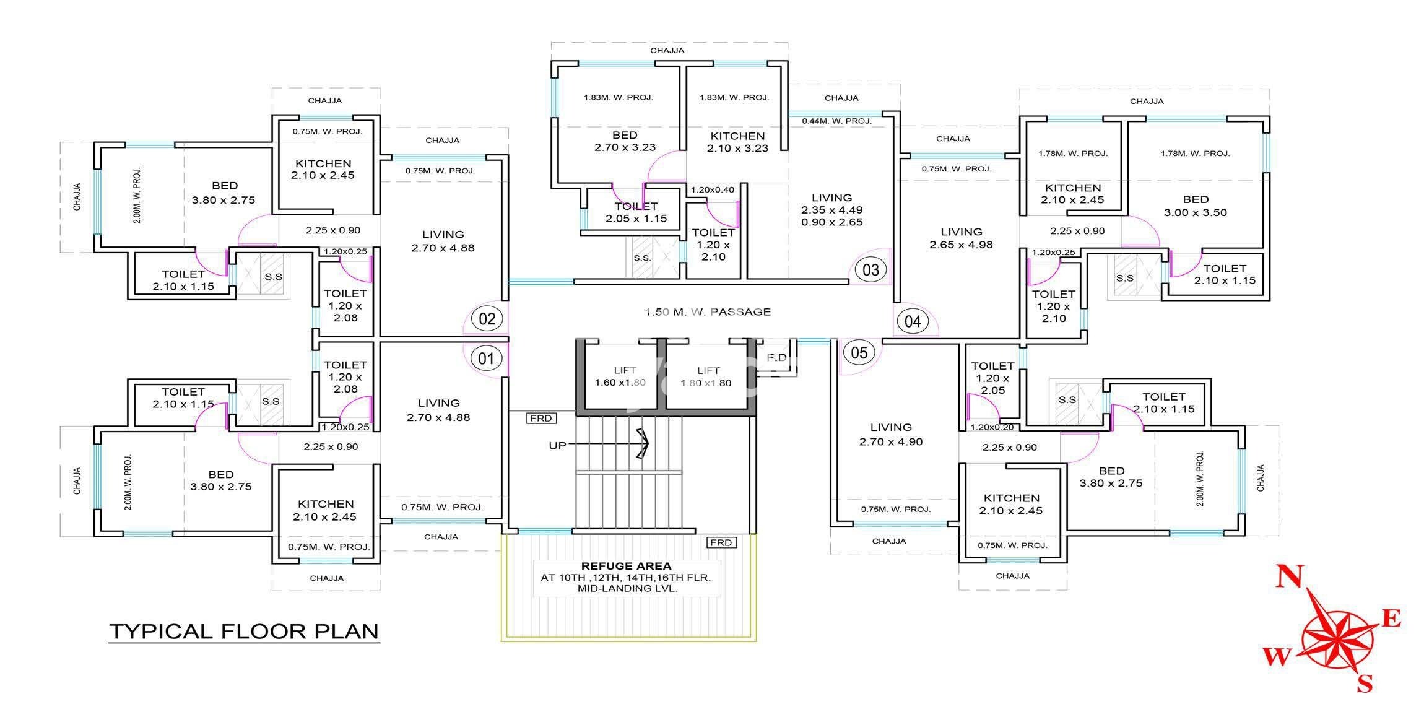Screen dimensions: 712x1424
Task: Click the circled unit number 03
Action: (870, 270)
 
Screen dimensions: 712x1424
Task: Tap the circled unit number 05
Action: (859, 353)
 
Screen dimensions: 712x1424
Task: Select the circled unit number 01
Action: (487, 358)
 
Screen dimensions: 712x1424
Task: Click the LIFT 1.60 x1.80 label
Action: (621, 376)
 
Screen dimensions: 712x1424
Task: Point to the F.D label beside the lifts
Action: (776, 358)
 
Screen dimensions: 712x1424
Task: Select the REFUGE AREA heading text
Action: (626, 566)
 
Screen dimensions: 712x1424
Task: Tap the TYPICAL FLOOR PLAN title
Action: (244, 632)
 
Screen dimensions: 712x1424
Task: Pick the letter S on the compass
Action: (1365, 683)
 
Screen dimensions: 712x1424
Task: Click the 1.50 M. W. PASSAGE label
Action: (708, 311)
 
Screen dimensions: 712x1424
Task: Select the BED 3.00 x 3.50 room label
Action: (1195, 206)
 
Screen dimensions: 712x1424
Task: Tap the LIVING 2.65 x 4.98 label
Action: (961, 238)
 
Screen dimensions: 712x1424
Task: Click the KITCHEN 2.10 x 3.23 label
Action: (737, 142)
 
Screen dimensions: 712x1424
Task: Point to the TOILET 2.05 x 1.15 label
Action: (636, 212)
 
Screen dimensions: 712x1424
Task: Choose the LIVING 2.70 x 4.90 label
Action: (891, 434)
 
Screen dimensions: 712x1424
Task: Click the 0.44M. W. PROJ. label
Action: (836, 121)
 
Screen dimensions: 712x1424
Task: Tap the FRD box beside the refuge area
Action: (721, 542)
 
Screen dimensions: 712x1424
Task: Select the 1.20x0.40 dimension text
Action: (713, 190)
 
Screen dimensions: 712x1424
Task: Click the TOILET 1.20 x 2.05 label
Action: (992, 378)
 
